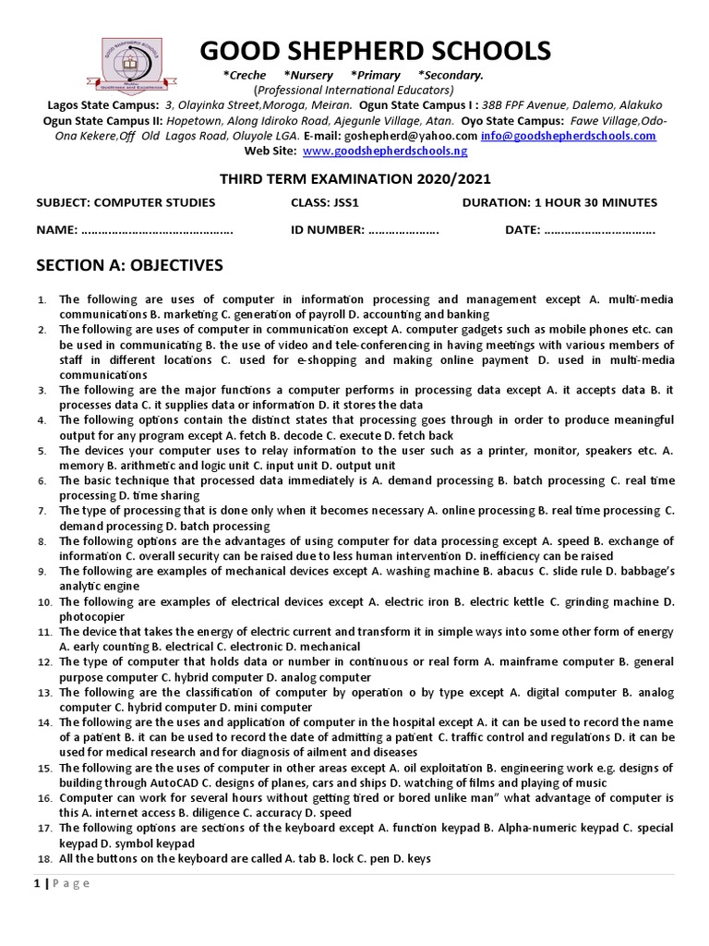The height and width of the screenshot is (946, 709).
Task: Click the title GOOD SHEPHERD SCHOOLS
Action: (x=376, y=50)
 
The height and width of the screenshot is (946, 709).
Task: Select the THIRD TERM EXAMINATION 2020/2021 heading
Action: (x=354, y=178)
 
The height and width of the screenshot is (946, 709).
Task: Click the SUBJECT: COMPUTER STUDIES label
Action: (x=126, y=202)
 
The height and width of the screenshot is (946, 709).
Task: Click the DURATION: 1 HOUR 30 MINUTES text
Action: (x=559, y=202)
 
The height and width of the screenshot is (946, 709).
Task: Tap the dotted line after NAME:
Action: (x=157, y=230)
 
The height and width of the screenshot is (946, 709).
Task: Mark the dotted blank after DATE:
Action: (x=600, y=230)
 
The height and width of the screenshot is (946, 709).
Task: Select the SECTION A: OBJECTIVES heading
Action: (x=129, y=266)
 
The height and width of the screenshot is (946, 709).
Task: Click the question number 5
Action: (x=42, y=452)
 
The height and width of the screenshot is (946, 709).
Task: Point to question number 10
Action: (x=42, y=602)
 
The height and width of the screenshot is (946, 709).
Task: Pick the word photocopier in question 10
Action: (x=90, y=616)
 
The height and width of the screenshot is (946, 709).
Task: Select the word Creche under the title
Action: (x=246, y=75)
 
